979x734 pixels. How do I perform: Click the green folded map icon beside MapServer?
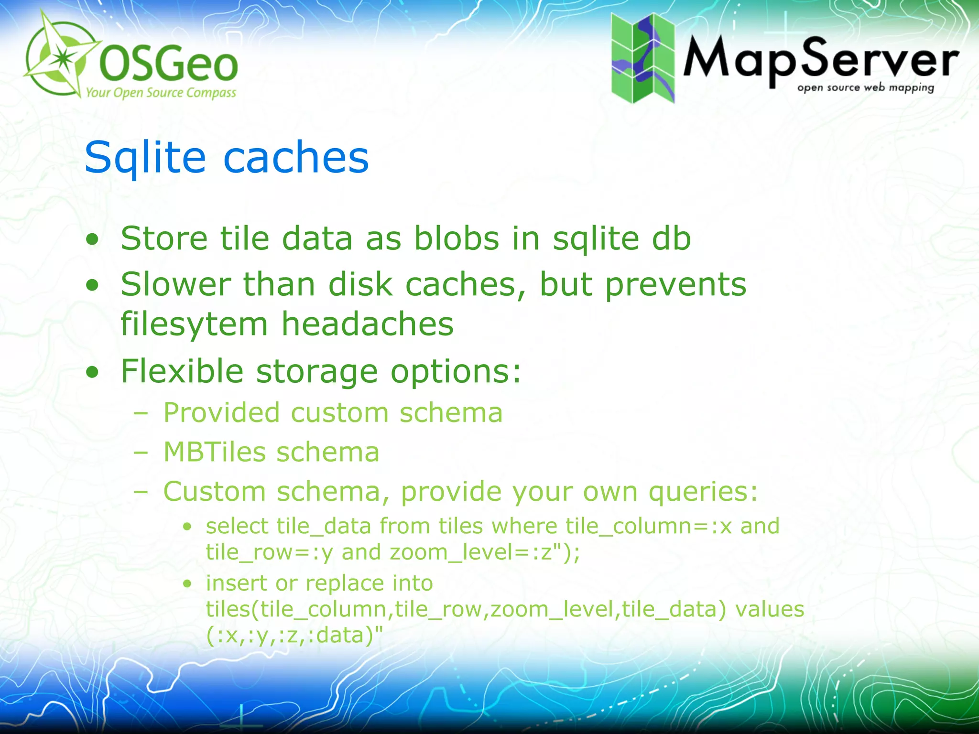(x=643, y=58)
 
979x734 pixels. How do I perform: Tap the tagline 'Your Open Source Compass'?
(x=161, y=92)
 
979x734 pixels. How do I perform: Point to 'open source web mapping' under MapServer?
(x=865, y=87)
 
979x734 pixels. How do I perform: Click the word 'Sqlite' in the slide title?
(x=145, y=158)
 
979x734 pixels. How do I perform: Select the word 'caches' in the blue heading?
(x=296, y=158)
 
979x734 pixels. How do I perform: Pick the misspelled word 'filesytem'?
(x=194, y=324)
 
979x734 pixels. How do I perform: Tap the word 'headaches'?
(x=367, y=324)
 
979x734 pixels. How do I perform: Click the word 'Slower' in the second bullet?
(x=175, y=284)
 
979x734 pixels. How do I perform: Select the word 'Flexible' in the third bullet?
(x=182, y=371)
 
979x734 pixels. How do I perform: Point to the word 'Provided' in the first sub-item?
(x=221, y=412)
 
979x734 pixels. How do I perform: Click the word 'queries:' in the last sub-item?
(x=703, y=492)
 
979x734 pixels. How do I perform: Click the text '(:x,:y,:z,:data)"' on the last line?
(x=294, y=636)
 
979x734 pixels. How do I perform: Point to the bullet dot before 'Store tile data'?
(x=92, y=239)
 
